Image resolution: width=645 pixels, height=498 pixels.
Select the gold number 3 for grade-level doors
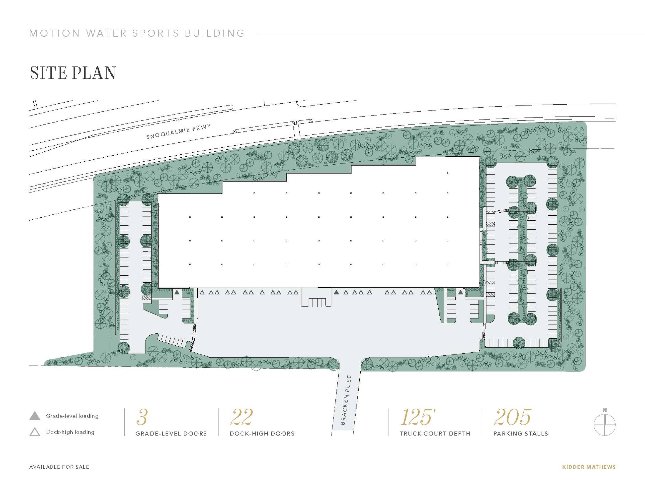142,417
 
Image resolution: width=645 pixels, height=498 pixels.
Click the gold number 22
241,417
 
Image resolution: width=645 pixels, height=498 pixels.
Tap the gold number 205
512,417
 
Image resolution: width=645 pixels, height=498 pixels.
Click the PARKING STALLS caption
521,434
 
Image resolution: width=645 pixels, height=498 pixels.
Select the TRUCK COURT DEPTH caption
435,434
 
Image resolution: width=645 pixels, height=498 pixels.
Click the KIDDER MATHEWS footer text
589,467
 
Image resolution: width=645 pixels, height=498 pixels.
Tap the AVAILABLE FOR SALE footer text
59,467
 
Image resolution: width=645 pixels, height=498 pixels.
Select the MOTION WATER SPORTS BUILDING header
137,33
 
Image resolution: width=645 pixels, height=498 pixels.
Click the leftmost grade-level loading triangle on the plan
177,293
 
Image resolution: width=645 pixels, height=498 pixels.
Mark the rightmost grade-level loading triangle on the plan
460,293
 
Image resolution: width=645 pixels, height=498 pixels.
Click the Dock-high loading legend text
70,432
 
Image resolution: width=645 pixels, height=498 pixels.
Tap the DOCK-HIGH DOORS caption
262,434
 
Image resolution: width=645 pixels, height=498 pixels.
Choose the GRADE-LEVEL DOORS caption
171,434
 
